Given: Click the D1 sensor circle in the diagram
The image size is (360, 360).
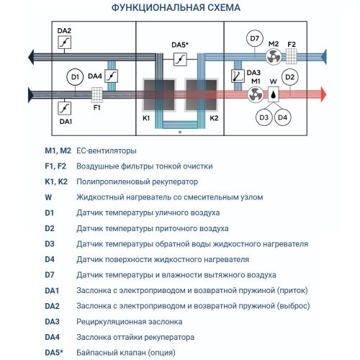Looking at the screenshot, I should pyautogui.click(x=74, y=76).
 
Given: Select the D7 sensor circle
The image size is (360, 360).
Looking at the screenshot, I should pyautogui.click(x=253, y=39).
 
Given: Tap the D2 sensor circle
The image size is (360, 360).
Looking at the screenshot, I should pyautogui.click(x=289, y=76).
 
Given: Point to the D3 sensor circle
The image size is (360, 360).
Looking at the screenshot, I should pyautogui.click(x=264, y=117).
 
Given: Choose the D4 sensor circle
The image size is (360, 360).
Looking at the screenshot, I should pyautogui.click(x=283, y=117).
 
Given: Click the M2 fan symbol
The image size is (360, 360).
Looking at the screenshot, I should pyautogui.click(x=274, y=55).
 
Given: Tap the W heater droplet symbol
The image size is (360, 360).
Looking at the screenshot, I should pyautogui.click(x=274, y=94).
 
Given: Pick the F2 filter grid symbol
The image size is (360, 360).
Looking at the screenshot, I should pyautogui.click(x=292, y=55).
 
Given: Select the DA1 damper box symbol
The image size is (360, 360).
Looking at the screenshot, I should pyautogui.click(x=63, y=108).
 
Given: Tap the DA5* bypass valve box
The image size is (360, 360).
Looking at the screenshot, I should pyautogui.click(x=180, y=60).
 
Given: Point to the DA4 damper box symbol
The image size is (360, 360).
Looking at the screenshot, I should pyautogui.click(x=112, y=76).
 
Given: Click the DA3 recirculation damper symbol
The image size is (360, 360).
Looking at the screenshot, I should pyautogui.click(x=238, y=76).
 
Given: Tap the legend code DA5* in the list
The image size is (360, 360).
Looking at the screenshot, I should pyautogui.click(x=55, y=352).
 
